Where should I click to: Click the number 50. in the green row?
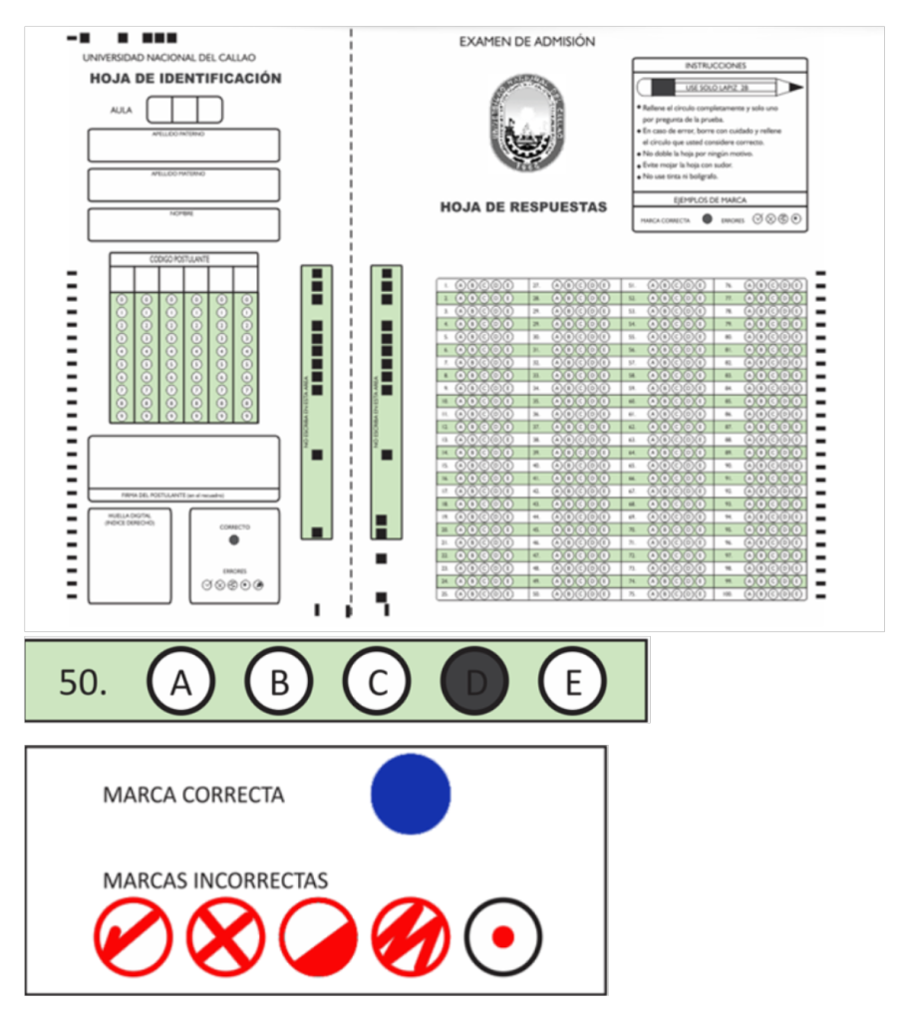83,682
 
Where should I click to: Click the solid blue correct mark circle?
411,794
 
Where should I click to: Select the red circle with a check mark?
133,937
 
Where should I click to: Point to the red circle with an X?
226,937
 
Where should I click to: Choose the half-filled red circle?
318,937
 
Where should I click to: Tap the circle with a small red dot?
503,937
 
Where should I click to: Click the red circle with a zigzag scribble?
410,937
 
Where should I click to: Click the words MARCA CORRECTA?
193,796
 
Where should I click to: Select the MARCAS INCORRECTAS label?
215,880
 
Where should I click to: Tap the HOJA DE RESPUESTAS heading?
523,207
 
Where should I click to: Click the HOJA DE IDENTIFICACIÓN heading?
185,79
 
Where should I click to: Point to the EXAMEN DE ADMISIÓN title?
526,42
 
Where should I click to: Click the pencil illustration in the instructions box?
719,88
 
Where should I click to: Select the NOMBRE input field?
183,225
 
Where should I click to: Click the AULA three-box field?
184,110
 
